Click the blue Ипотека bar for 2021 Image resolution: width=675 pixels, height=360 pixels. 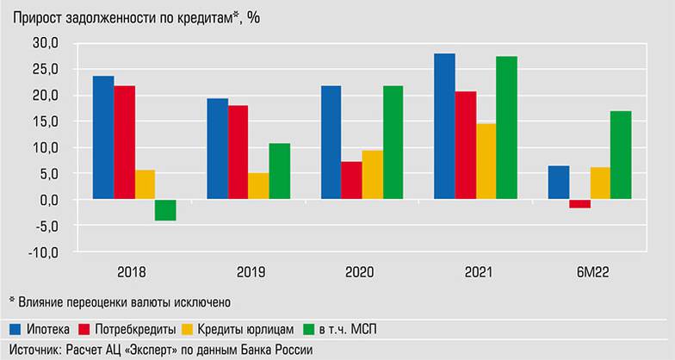pyautogui.click(x=444, y=127)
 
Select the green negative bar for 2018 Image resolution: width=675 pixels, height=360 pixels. pyautogui.click(x=166, y=210)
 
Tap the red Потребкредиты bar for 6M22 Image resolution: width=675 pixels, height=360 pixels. pyautogui.click(x=579, y=204)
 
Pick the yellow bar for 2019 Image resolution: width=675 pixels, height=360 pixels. pyautogui.click(x=259, y=186)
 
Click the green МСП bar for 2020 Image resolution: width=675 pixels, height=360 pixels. pyautogui.click(x=393, y=143)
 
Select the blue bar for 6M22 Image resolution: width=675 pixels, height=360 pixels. pyautogui.click(x=559, y=183)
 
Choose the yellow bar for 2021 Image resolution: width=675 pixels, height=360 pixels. pyautogui.click(x=486, y=162)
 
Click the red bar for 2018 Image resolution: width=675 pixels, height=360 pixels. pyautogui.click(x=124, y=143)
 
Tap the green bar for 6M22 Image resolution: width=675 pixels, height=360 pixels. pyautogui.click(x=621, y=155)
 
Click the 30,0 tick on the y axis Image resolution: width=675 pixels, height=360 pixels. pyautogui.click(x=43, y=43)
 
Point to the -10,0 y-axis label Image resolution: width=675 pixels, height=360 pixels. pyautogui.click(x=41, y=253)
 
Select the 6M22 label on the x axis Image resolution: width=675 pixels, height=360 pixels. pyautogui.click(x=590, y=272)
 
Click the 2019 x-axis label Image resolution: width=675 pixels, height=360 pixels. pyautogui.click(x=249, y=272)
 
